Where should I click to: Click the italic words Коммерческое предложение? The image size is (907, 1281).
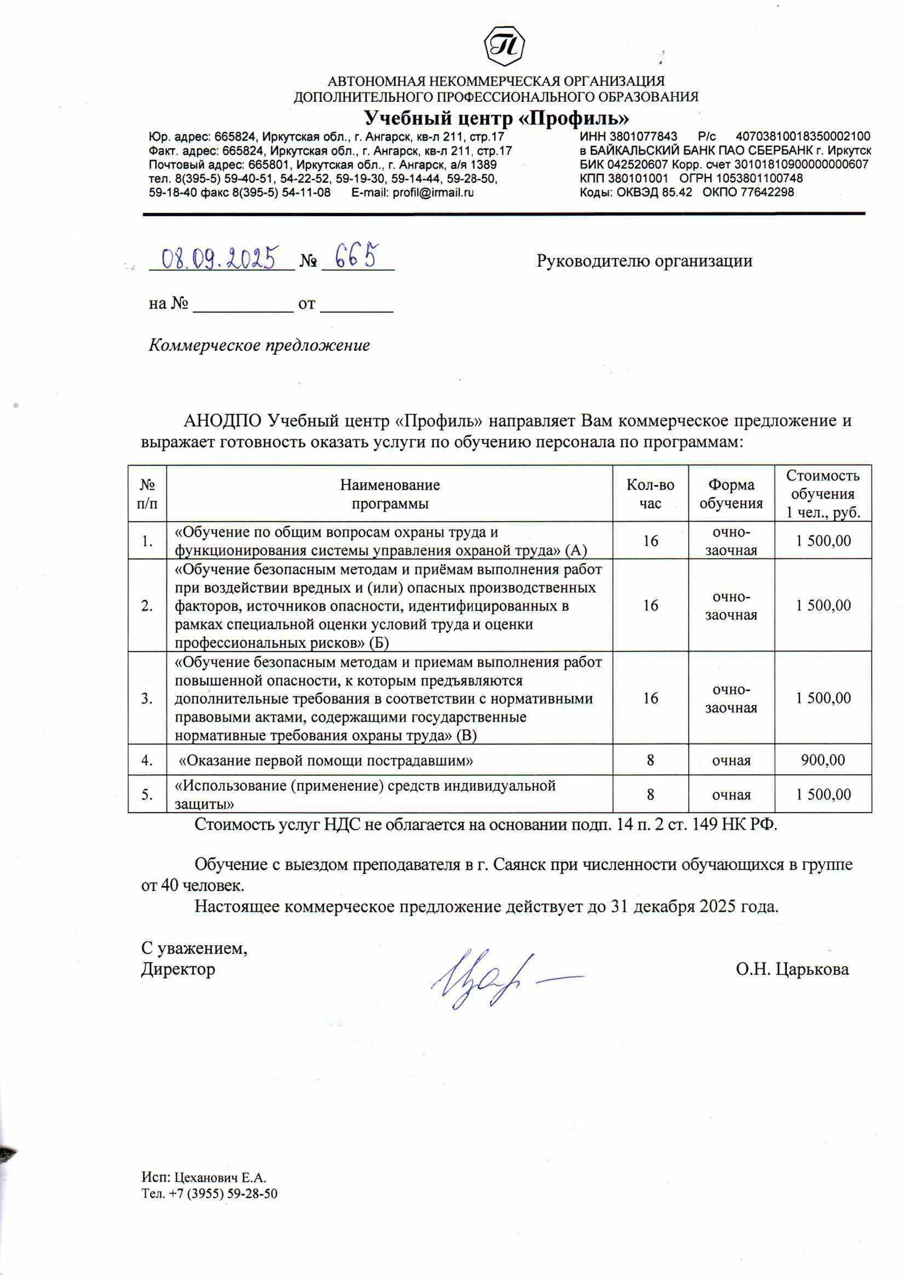pyautogui.click(x=259, y=345)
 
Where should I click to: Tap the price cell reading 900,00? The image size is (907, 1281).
pyautogui.click(x=823, y=760)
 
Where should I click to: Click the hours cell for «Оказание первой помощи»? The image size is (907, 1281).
pyautogui.click(x=650, y=760)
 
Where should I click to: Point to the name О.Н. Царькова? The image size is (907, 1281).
pyautogui.click(x=792, y=969)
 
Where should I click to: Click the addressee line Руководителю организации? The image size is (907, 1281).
pyautogui.click(x=644, y=261)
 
